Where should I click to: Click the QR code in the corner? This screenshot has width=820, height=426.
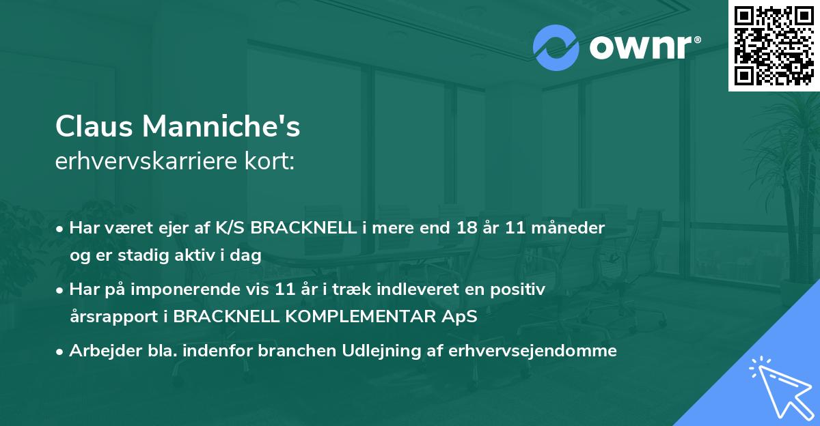click(774, 45)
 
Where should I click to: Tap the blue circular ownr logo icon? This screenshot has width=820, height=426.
click(556, 48)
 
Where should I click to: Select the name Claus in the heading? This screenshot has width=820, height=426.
click(94, 126)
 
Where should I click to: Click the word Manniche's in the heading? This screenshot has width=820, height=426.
click(221, 126)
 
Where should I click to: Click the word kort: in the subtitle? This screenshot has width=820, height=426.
click(270, 161)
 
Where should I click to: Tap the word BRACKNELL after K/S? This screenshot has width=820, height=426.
click(303, 228)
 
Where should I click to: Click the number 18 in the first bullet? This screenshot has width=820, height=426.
click(467, 228)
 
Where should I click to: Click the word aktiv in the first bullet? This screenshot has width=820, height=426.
click(195, 255)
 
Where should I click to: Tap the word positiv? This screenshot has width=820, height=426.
click(518, 290)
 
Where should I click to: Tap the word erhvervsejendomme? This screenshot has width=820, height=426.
click(532, 352)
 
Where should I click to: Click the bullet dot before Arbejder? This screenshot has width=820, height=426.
click(59, 352)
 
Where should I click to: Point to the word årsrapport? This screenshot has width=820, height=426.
click(113, 317)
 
